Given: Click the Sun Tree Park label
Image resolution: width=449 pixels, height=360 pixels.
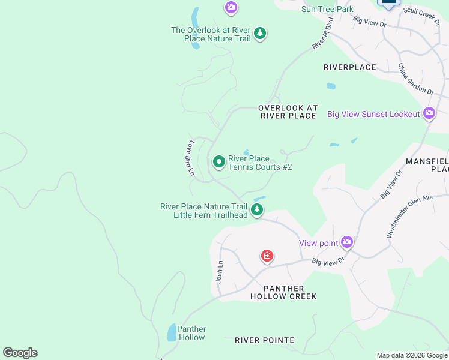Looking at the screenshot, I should [327, 9].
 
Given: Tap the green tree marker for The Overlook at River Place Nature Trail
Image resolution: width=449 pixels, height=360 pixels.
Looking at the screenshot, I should [259, 33].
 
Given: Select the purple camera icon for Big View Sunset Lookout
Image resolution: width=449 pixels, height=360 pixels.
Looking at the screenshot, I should [429, 113].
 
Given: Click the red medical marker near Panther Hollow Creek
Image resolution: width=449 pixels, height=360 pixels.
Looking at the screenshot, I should [267, 256].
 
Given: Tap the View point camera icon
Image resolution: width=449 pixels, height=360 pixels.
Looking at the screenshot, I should [346, 242].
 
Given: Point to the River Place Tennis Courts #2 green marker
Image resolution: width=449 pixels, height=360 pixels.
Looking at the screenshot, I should [219, 161].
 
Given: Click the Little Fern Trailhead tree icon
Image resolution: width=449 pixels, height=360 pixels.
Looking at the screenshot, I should [257, 209].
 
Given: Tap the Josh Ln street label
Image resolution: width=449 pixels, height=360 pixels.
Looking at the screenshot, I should [220, 272].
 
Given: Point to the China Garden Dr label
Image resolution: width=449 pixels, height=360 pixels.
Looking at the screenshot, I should [415, 79].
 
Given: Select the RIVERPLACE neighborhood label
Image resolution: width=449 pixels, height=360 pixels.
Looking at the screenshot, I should [349, 67].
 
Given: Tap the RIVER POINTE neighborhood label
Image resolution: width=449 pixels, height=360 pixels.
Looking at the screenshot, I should [264, 340].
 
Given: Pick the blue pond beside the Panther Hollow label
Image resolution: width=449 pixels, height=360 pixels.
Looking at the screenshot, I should [172, 332].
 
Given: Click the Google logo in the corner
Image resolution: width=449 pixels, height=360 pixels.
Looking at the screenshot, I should [20, 353].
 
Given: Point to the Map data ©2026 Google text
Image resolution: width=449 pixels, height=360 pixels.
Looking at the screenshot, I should [412, 355].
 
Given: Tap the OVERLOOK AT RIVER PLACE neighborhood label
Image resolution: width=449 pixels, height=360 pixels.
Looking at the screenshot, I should [287, 112].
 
